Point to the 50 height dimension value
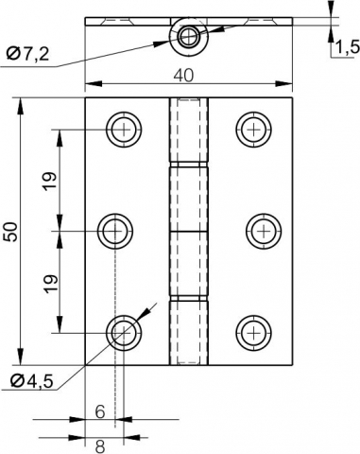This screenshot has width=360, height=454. click(x=10, y=231)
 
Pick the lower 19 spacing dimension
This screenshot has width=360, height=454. click(x=51, y=281)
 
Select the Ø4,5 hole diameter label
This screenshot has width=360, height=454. click(x=34, y=381)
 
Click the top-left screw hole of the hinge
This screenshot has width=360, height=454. click(x=121, y=129)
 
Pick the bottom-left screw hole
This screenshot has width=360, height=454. click(x=121, y=331)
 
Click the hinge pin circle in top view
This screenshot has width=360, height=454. click(x=188, y=37)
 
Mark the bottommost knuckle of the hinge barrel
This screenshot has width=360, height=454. click(x=188, y=331)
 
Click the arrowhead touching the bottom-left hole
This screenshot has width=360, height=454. click(x=135, y=319)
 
